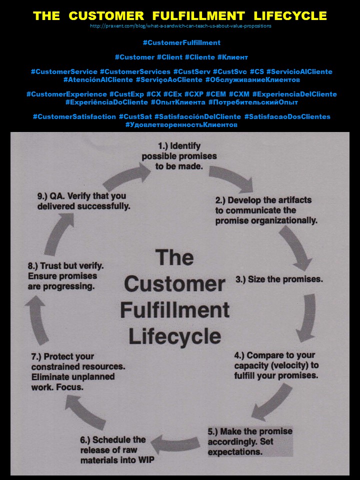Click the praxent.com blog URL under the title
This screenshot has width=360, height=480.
(180, 26)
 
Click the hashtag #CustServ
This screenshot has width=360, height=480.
(192, 72)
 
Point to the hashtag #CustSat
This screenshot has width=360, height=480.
(134, 116)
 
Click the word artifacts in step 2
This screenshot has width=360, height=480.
(293, 200)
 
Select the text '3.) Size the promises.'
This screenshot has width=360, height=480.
(279, 279)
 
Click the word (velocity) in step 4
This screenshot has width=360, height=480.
(291, 365)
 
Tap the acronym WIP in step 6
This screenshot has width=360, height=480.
(136, 460)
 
